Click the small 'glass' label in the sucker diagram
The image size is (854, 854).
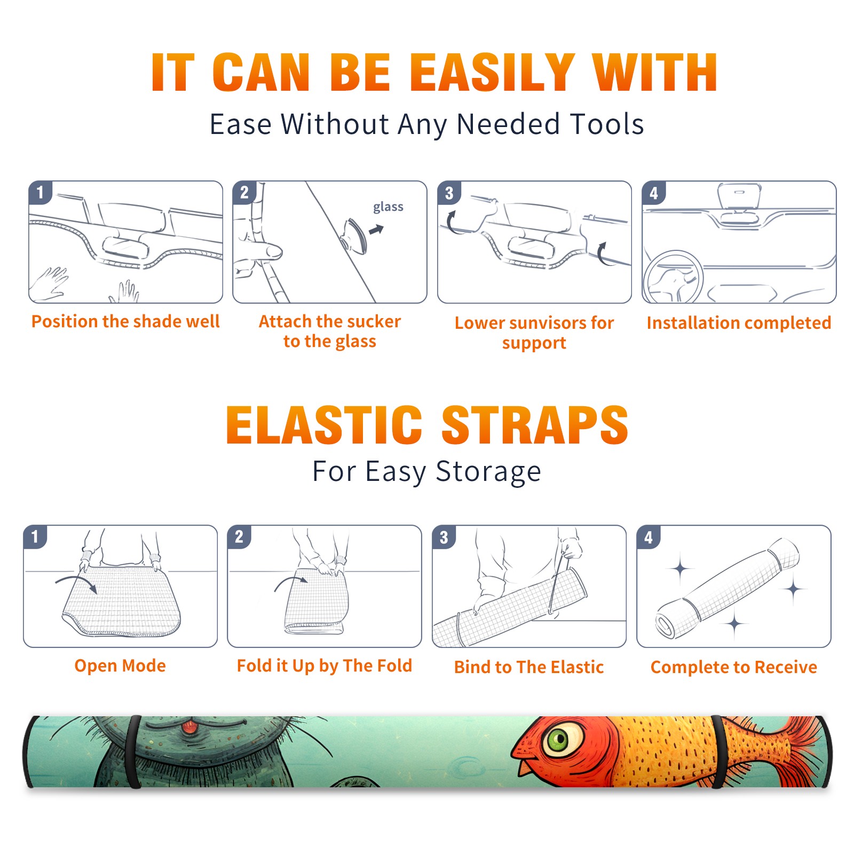388,207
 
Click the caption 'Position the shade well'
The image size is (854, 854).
125,321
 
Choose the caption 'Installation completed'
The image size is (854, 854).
739,323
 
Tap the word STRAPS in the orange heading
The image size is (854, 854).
535,425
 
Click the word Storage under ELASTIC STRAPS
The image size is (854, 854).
488,472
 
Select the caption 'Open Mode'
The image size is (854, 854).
120,666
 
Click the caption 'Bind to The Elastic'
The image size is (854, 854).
529,667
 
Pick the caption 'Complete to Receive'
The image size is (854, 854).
734,667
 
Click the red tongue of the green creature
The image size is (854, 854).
187,727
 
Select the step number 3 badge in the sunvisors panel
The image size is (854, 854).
449,193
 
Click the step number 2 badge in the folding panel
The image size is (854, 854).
239,536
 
